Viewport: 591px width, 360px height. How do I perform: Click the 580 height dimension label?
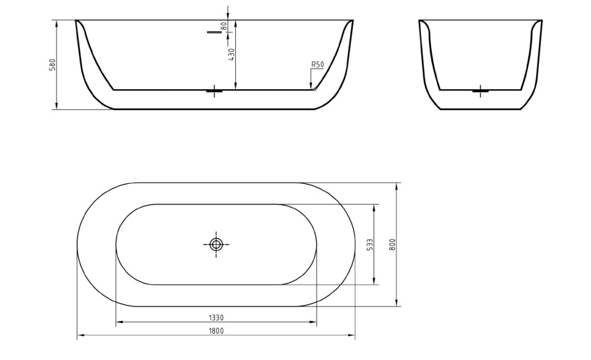point(52,64)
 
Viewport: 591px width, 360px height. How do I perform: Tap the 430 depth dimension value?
point(232,54)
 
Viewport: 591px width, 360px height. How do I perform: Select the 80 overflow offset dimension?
point(224,27)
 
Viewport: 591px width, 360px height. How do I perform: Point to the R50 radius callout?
point(317,65)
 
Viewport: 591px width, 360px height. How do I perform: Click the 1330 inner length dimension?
point(216,318)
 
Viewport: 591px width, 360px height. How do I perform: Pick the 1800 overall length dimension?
point(216,331)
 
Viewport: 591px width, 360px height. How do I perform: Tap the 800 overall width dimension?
point(392,244)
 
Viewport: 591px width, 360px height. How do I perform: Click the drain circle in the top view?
point(216,244)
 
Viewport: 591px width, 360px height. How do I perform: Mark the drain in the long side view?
point(215,90)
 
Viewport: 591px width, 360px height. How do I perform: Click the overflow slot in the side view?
point(213,33)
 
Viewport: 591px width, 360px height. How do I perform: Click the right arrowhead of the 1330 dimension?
point(314,323)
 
